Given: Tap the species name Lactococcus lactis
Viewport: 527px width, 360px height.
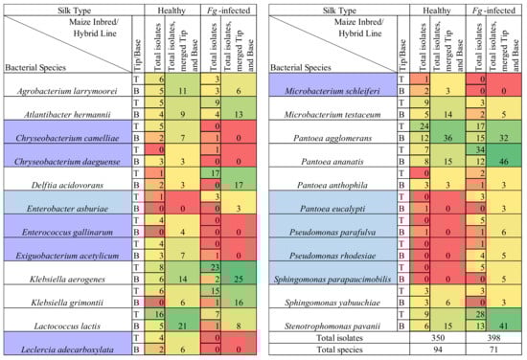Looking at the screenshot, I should (x=66, y=327).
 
